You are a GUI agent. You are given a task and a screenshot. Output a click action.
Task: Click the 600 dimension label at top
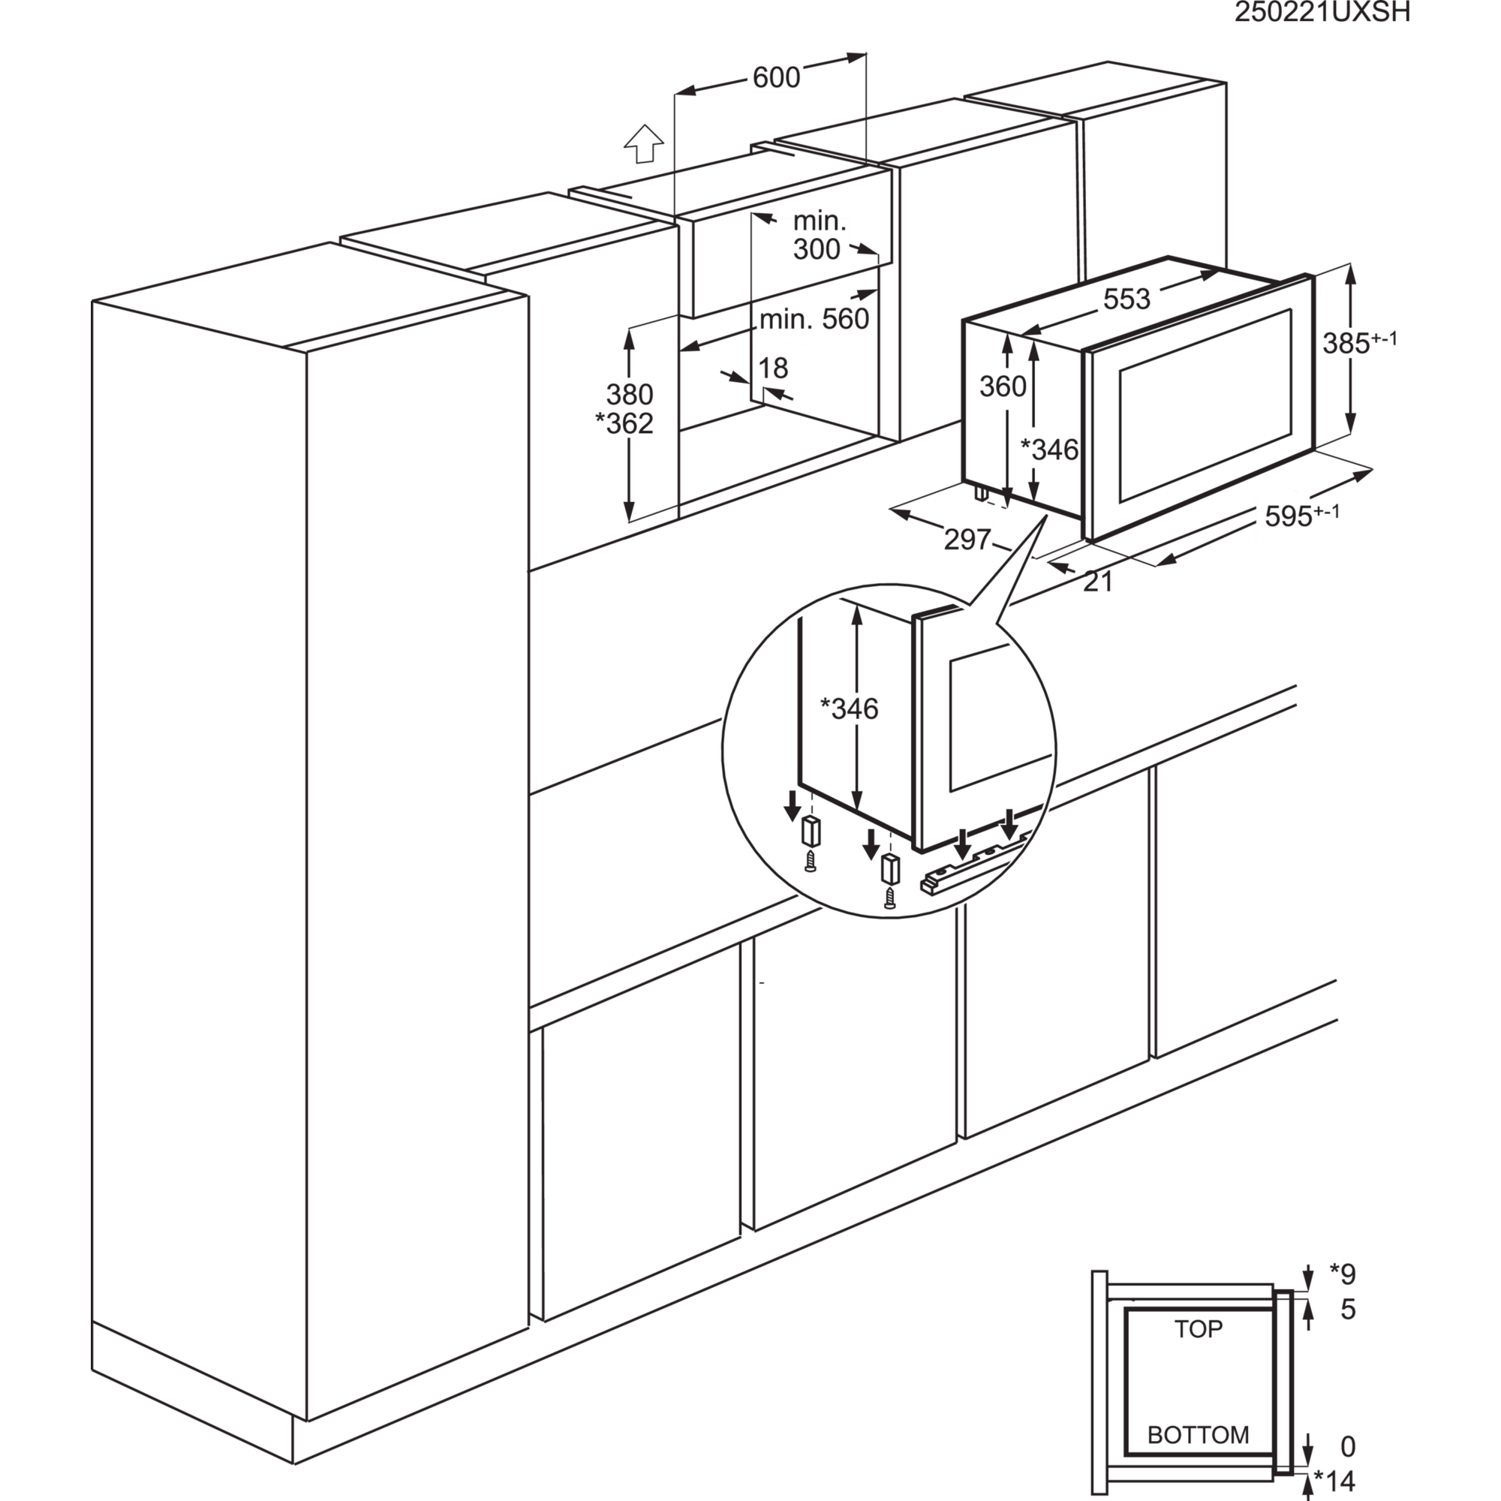[776, 77]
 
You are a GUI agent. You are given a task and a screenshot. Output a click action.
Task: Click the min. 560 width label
[814, 319]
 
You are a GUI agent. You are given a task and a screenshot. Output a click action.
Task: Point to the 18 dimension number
[774, 368]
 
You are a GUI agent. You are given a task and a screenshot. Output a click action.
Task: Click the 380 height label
[630, 395]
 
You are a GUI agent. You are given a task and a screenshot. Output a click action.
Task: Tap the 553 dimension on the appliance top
[1126, 299]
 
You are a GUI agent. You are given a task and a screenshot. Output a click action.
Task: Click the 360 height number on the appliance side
[1002, 386]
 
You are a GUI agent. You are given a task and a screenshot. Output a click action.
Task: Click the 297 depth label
[967, 537]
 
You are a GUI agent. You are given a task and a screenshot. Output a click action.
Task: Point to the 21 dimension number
[1098, 581]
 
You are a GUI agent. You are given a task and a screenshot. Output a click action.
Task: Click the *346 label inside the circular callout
[849, 708]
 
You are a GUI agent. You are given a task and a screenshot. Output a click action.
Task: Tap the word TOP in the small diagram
[1198, 1329]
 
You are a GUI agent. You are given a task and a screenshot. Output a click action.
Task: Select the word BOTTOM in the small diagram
[1198, 1434]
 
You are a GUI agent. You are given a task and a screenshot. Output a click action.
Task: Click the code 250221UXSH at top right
[1322, 12]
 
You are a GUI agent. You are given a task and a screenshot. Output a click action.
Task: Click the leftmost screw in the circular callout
[811, 862]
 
